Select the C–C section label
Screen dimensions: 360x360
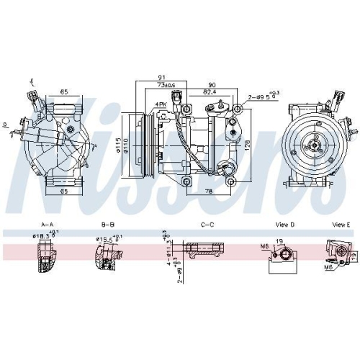207,225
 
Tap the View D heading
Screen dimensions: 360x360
283,225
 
